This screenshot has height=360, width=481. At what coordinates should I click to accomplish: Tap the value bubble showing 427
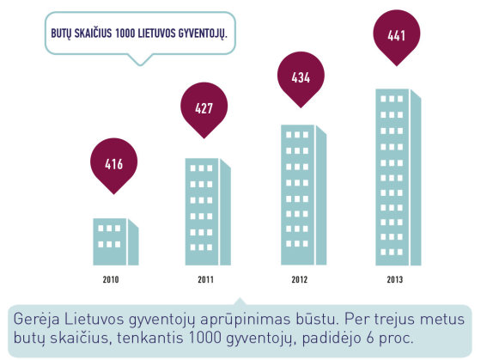[204, 108]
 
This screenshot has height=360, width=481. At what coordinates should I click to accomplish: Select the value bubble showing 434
[301, 77]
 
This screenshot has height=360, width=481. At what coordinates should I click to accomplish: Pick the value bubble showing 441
[397, 35]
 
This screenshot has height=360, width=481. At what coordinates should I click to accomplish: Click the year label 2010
[111, 279]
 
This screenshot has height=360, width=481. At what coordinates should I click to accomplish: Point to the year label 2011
[205, 279]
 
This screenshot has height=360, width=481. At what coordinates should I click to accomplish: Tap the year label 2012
[300, 279]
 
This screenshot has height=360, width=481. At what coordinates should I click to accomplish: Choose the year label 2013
[395, 279]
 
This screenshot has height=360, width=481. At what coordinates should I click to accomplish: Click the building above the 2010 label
[116, 241]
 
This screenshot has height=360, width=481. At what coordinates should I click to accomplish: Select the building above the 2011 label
[208, 211]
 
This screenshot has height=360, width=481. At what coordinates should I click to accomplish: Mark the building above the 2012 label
[304, 195]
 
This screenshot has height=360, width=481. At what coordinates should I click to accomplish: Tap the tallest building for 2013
[399, 177]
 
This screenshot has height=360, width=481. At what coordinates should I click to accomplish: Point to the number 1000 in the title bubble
[125, 34]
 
